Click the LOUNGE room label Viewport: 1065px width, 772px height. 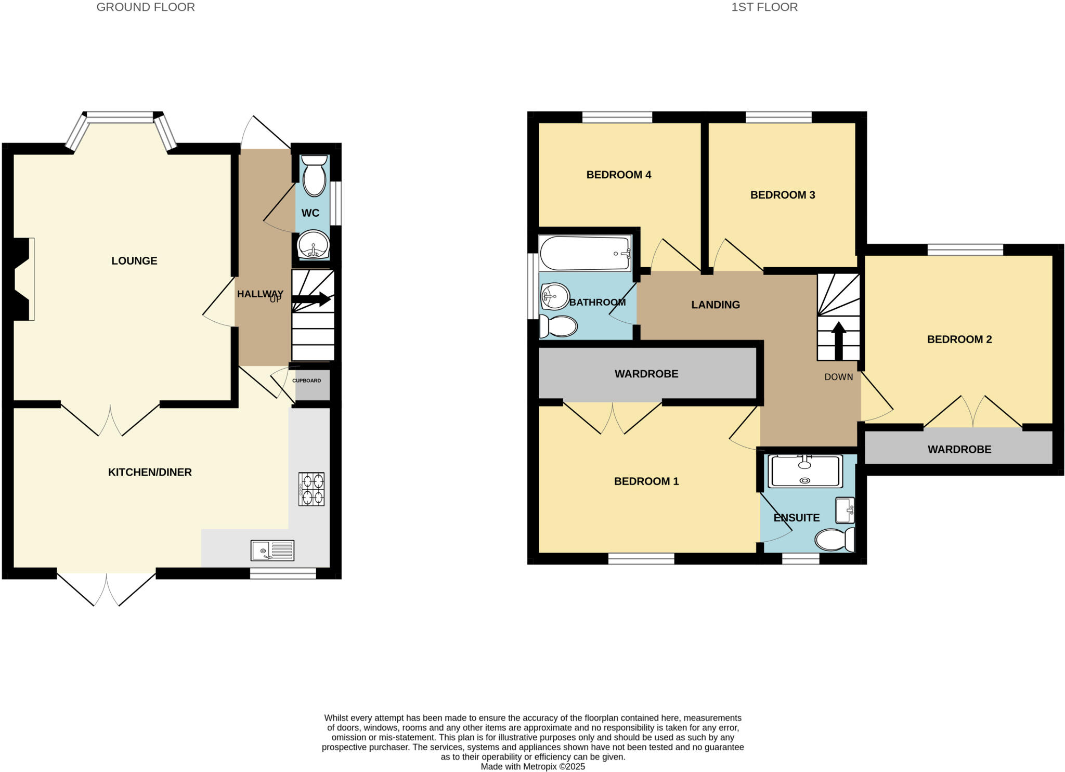tap(134, 261)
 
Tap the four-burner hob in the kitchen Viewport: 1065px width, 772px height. tap(311, 489)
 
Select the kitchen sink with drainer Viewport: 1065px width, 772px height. tap(272, 550)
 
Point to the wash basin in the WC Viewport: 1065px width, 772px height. tap(313, 244)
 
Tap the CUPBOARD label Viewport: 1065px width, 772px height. tap(306, 381)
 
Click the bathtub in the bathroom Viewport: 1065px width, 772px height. tap(585, 253)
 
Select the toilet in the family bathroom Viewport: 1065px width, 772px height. tap(559, 326)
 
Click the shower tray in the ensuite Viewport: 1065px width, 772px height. tap(804, 471)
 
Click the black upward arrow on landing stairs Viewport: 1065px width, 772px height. tap(838, 341)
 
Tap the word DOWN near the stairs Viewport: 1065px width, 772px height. tap(838, 377)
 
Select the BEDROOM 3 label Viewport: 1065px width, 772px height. tap(782, 195)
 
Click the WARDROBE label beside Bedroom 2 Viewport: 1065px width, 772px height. tap(959, 449)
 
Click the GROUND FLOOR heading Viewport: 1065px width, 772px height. tap(146, 7)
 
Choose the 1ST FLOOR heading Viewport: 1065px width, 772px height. tap(764, 7)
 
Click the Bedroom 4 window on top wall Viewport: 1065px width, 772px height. tap(617, 117)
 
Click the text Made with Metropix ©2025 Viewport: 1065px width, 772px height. tap(532, 766)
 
